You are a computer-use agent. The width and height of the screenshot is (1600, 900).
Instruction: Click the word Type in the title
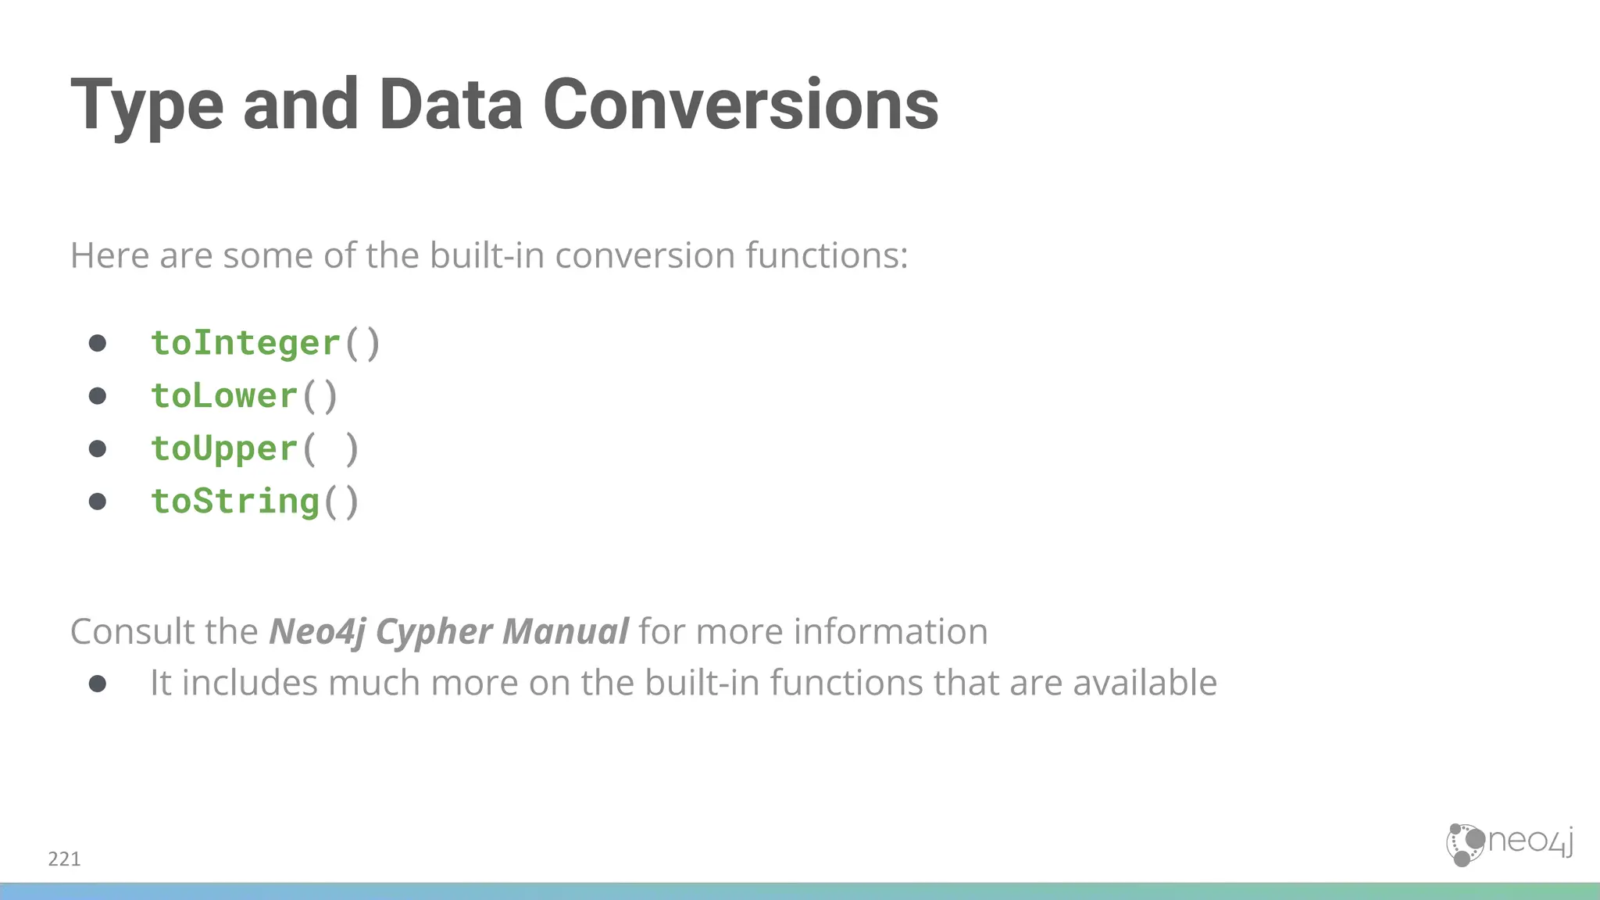[147, 105]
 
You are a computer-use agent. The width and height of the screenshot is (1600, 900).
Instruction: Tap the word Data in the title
[451, 105]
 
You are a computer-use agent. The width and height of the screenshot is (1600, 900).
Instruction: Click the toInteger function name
[245, 343]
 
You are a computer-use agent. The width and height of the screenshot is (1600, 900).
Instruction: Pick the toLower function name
[224, 396]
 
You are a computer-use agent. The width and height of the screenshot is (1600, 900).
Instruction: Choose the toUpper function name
[224, 449]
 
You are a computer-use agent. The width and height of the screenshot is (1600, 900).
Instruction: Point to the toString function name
[235, 502]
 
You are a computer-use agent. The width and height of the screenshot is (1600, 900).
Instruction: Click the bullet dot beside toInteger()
[98, 343]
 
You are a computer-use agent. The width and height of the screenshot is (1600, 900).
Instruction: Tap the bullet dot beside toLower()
[98, 396]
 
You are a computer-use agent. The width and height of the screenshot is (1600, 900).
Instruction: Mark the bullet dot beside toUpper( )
[98, 448]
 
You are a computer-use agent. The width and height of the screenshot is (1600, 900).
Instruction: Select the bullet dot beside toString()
[98, 501]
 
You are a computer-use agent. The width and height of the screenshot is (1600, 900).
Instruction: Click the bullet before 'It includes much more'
[98, 684]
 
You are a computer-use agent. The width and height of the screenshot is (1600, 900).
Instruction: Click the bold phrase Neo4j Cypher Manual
[448, 631]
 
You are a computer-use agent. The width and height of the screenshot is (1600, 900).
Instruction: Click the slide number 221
[64, 859]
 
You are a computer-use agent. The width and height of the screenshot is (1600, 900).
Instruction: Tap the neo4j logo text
[1530, 841]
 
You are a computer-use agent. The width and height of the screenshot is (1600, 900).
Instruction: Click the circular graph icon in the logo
[1464, 845]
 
